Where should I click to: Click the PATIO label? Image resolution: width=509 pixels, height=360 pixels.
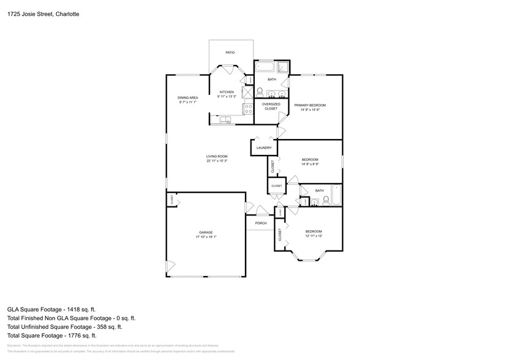pos(230,53)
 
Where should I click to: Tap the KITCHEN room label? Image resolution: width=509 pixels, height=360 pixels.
pos(227,92)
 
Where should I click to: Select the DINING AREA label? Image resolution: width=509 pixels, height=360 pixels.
pos(187,97)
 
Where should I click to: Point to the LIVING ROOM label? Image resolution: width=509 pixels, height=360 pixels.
pos(217,156)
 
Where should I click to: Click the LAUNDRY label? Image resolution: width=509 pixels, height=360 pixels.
pos(264,148)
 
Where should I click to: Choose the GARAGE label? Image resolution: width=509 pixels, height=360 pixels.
pos(206,233)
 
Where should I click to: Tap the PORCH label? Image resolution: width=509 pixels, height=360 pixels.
pos(261,223)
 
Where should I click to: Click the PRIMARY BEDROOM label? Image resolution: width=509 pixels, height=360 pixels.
pos(309,105)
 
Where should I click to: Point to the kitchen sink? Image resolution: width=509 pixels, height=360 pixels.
pos(225,119)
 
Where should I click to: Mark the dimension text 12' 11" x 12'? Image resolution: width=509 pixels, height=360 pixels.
pos(313,236)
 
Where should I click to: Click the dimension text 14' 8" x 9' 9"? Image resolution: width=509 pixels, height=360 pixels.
pos(309,164)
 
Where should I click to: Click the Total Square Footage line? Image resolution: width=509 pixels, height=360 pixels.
pos(51,336)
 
